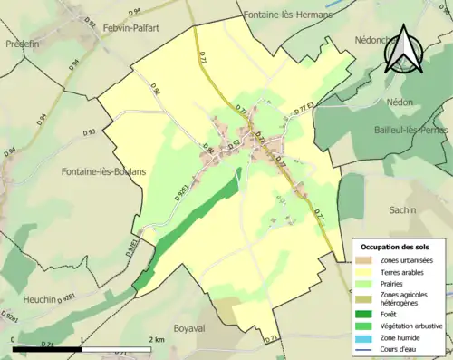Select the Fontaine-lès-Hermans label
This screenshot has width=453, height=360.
[x=288, y=15]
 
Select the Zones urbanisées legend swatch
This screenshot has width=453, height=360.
[x=365, y=260]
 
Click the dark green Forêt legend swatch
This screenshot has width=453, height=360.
[x=365, y=315]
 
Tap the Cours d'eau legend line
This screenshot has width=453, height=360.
[x=365, y=350]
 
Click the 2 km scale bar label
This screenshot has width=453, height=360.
[x=155, y=338]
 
